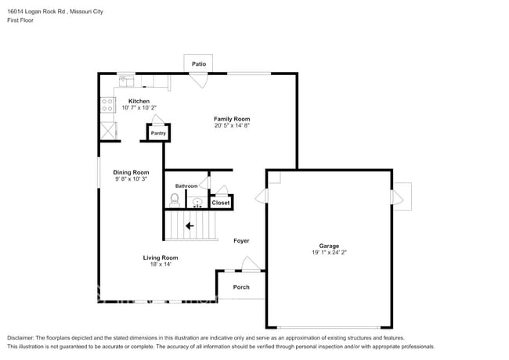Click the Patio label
198,63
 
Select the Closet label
221,203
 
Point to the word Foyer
241,240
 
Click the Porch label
241,287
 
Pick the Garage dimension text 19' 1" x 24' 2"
328,253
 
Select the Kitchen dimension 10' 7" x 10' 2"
139,108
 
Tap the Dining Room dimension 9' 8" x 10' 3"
130,179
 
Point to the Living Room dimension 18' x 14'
160,265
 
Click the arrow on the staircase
190,226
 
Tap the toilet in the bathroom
174,200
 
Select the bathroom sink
197,203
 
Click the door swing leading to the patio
200,80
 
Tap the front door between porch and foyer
249,265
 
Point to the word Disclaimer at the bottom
23,337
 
